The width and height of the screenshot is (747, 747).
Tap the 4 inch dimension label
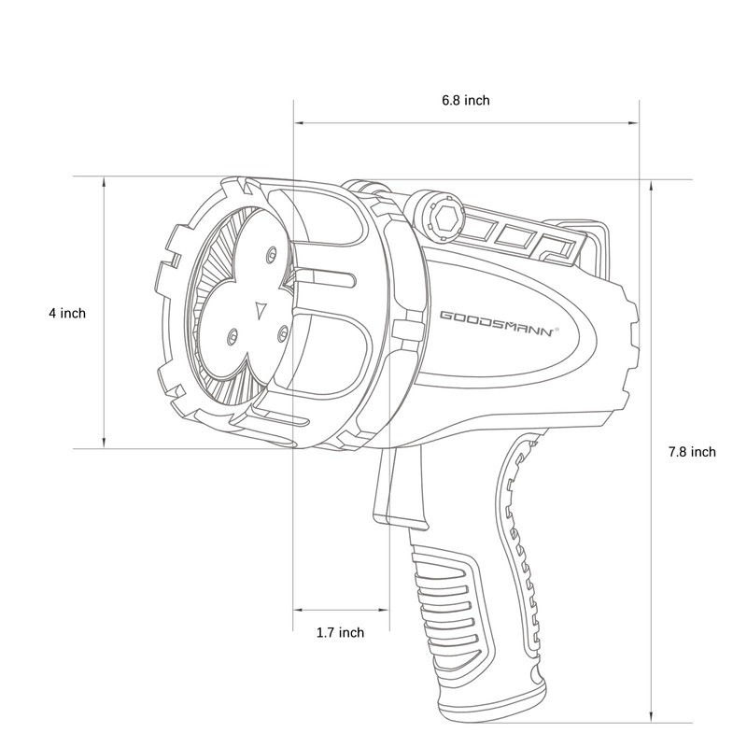click(x=67, y=314)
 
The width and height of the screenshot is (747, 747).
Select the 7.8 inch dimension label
click(x=692, y=452)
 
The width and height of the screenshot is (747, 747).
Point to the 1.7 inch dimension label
click(x=340, y=633)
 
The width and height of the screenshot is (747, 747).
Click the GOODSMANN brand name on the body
click(x=495, y=324)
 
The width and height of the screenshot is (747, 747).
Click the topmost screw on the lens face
click(x=272, y=253)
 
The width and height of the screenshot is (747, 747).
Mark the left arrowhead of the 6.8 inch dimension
click(x=298, y=121)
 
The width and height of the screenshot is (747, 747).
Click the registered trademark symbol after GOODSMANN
click(x=557, y=329)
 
